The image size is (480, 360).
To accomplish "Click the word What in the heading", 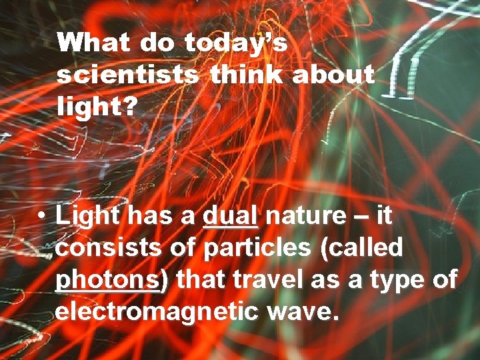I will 94,45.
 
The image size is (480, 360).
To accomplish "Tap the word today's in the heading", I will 235,45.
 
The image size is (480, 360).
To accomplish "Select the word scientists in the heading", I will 127,75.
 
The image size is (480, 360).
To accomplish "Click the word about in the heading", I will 333,75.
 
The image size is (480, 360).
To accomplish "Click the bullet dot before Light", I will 41,217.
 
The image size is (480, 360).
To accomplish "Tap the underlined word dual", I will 230,216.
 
